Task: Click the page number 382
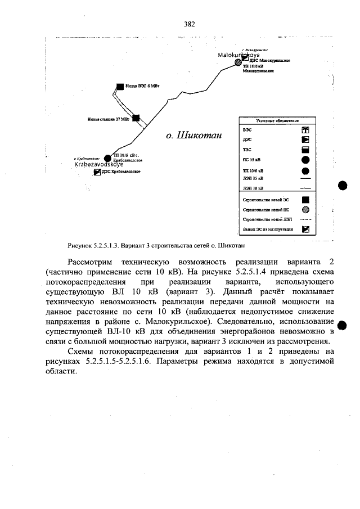189,24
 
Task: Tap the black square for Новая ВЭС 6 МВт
119,87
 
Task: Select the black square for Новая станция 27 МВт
136,119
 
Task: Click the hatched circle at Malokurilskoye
238,62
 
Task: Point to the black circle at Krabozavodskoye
108,159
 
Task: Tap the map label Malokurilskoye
238,55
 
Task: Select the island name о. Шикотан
194,136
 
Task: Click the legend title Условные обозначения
277,120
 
